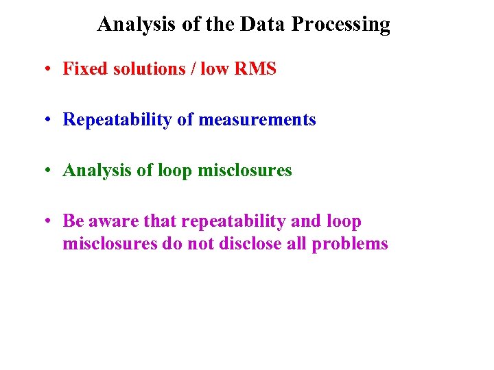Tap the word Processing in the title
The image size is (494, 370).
[x=341, y=25]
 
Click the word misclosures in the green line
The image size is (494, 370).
[x=245, y=171]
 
